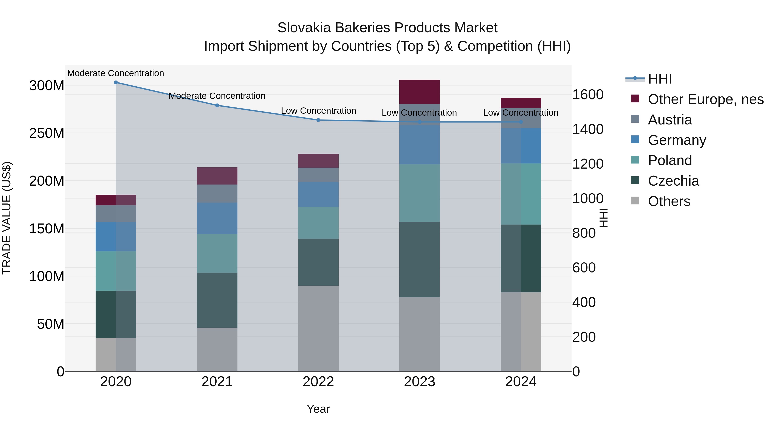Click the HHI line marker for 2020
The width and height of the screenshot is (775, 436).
(116, 82)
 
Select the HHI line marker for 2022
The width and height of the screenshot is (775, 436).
(318, 120)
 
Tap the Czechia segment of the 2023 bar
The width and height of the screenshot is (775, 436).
(419, 259)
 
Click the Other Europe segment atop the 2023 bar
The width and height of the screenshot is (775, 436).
(419, 92)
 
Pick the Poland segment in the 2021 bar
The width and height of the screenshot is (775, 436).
(217, 253)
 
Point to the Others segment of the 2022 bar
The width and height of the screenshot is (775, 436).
(318, 328)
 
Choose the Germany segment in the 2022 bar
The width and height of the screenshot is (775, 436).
(318, 194)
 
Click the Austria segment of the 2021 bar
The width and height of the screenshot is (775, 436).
(217, 194)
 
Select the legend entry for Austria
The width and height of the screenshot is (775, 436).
(670, 120)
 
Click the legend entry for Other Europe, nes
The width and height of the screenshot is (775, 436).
(705, 99)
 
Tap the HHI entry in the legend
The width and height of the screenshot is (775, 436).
(659, 79)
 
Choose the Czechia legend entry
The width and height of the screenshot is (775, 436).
(673, 181)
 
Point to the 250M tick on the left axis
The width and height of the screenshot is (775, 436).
(47, 133)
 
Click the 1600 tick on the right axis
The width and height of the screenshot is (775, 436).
(587, 95)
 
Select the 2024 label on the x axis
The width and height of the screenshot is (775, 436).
(521, 382)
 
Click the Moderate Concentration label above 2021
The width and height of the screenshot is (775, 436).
(217, 96)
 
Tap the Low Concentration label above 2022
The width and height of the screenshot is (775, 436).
(318, 110)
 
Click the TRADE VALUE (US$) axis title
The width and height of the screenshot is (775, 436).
(7, 218)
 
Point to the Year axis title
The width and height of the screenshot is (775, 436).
(318, 409)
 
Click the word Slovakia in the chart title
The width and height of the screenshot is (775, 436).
(304, 28)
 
